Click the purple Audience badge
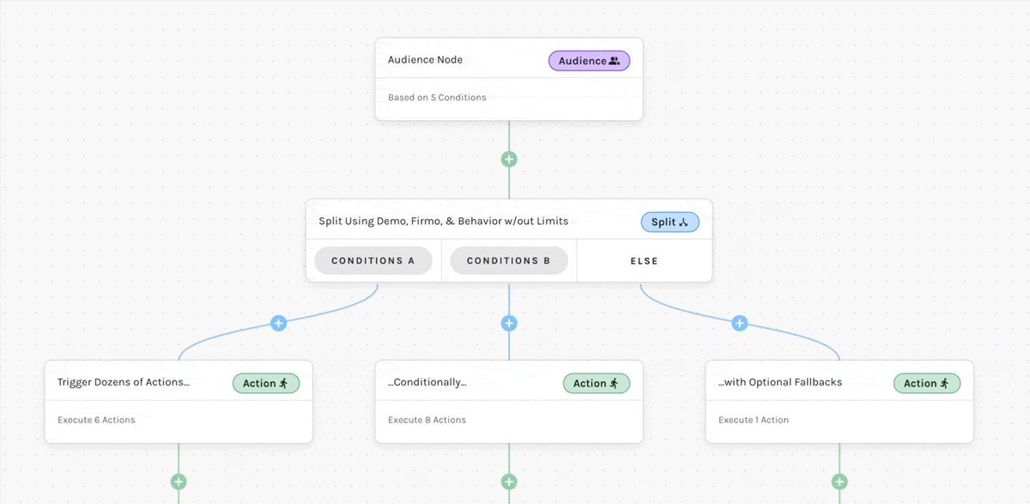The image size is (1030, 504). point(589,61)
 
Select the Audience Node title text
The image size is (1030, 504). point(425,60)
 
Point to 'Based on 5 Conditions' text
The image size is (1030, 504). point(437,98)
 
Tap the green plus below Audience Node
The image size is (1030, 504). point(509,159)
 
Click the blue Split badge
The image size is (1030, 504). point(669,222)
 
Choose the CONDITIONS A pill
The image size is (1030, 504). point(373,261)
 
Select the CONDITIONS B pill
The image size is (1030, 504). point(509,261)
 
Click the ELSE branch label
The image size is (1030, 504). point(645,261)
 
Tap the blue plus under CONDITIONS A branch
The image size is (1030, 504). point(278,323)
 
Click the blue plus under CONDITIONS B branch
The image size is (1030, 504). point(509,323)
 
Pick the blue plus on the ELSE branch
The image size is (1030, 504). point(740,323)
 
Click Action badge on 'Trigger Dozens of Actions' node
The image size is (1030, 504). point(266,383)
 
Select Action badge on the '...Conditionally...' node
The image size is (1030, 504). point(597,383)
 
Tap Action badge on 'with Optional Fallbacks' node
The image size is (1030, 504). point(927,383)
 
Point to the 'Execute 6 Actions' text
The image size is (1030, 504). point(96,420)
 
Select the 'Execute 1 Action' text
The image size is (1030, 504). point(754,420)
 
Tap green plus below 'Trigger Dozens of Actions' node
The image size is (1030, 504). point(179,482)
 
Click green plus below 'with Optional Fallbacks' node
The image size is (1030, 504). point(839,482)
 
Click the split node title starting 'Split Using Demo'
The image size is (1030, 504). point(443,222)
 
